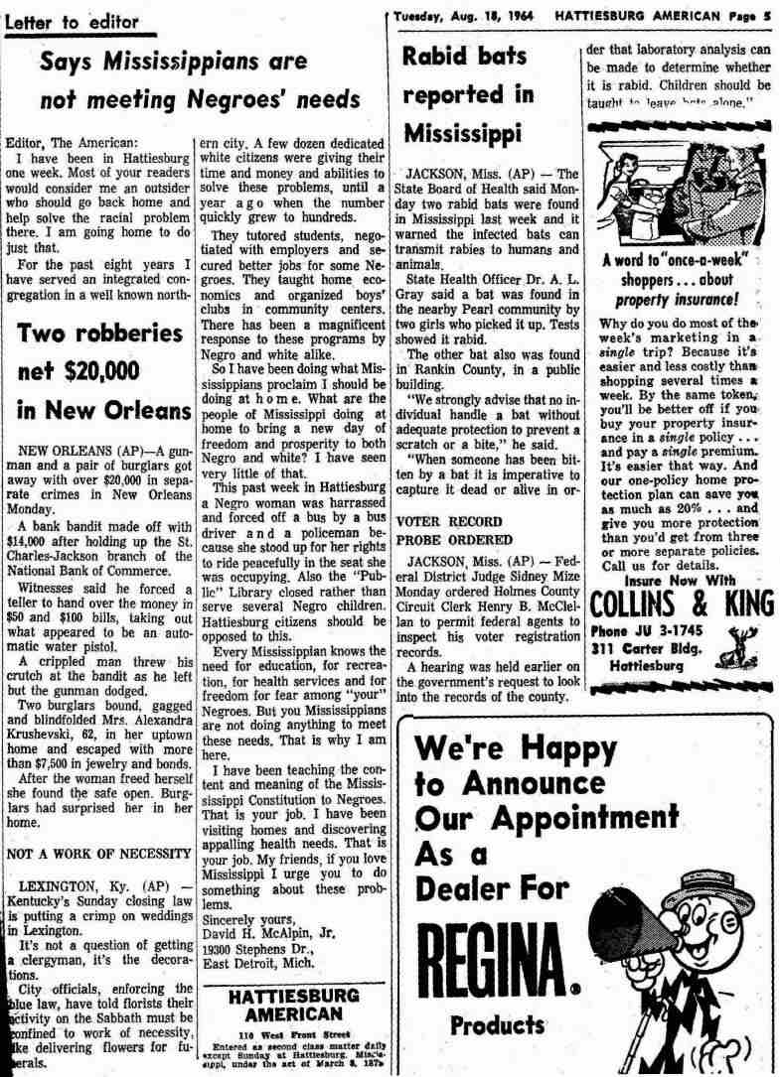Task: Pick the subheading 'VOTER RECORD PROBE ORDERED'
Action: tap(448, 529)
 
